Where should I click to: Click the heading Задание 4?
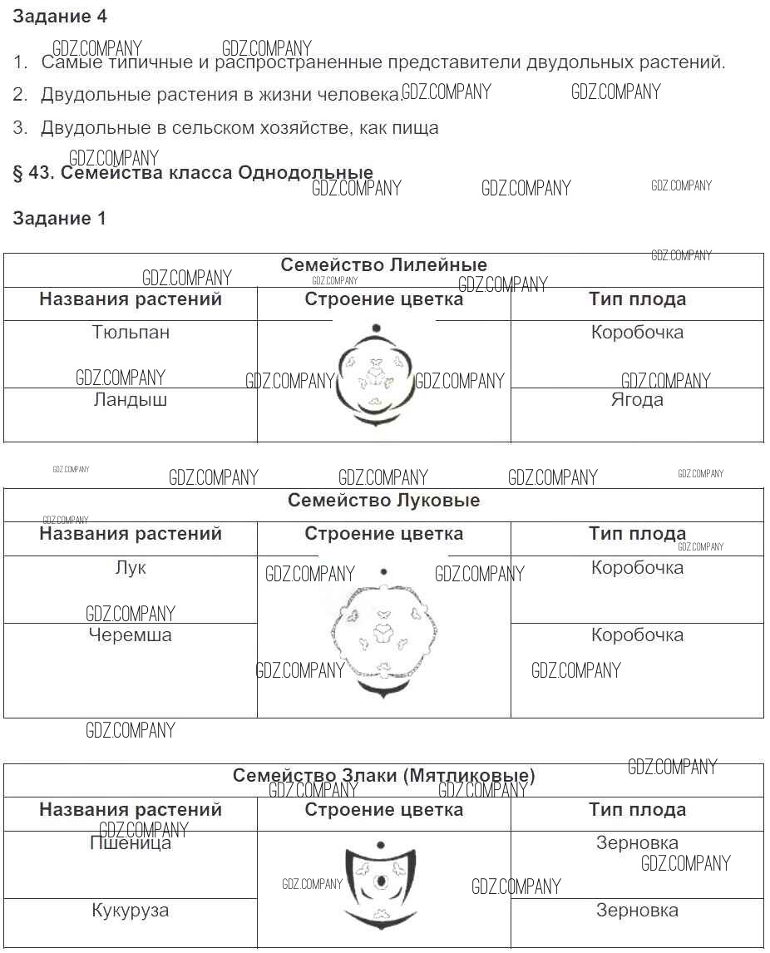60,16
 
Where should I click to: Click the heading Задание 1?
60,219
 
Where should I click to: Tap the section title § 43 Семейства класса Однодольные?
193,173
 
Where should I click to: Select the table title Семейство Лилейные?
383,265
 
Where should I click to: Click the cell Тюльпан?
131,333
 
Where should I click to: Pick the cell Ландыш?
131,400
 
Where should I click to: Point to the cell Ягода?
637,400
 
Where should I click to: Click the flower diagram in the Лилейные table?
377,378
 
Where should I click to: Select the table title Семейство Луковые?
383,501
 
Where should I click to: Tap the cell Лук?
131,568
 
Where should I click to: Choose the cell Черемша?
131,635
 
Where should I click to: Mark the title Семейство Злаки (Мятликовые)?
383,776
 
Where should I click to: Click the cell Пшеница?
131,843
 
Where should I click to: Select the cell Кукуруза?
131,911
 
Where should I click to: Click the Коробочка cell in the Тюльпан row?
637,333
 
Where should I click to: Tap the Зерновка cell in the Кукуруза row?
637,911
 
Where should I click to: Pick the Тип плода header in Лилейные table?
637,299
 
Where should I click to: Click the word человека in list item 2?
360,95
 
